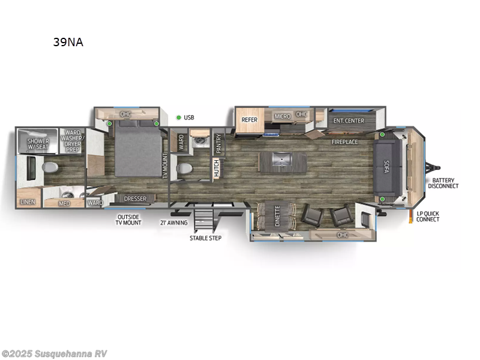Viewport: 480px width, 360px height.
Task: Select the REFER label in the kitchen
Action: coord(250,119)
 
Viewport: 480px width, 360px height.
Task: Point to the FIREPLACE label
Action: coord(345,142)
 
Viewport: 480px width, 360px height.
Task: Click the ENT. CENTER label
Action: coord(349,121)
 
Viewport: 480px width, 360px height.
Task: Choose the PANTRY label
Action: coord(219,144)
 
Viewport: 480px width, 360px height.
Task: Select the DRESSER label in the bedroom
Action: coord(135,199)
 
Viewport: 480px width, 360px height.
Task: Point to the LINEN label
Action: coord(28,202)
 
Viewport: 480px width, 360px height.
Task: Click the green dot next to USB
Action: coord(178,118)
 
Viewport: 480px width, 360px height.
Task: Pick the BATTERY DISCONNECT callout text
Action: coord(443,183)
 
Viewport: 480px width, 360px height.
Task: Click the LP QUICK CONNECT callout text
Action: coord(428,216)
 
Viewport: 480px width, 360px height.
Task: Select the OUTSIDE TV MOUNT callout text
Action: coord(128,220)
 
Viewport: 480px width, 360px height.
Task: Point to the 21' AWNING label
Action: coord(173,223)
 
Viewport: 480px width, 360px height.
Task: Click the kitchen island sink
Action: coord(277,160)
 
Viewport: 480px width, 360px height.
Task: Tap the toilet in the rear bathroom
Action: coord(50,166)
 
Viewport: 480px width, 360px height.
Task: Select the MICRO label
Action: coord(282,116)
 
